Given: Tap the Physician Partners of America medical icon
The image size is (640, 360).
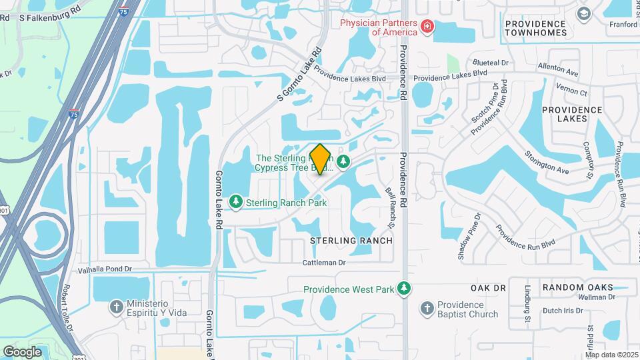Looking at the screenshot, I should pyautogui.click(x=427, y=27).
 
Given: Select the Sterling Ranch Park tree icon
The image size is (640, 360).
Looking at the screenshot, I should pyautogui.click(x=235, y=201).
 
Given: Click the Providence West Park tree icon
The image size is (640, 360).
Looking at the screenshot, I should pyautogui.click(x=403, y=289).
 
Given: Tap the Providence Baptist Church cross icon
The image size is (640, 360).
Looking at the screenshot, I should pyautogui.click(x=427, y=308).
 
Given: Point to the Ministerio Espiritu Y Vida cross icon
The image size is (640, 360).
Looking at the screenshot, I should pyautogui.click(x=117, y=307).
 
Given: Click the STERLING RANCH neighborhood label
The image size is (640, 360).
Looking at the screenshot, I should pyautogui.click(x=351, y=240).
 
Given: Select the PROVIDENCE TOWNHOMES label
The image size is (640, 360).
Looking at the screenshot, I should pyautogui.click(x=544, y=29).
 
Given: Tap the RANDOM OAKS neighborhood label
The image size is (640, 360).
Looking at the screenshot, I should pyautogui.click(x=577, y=287).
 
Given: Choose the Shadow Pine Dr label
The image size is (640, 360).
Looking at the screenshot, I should pyautogui.click(x=469, y=237).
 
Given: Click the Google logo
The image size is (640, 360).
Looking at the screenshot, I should pyautogui.click(x=22, y=351).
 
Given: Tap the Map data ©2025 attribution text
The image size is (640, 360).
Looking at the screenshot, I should pyautogui.click(x=611, y=355).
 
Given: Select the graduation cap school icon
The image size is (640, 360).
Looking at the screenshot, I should pyautogui.click(x=585, y=13).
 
